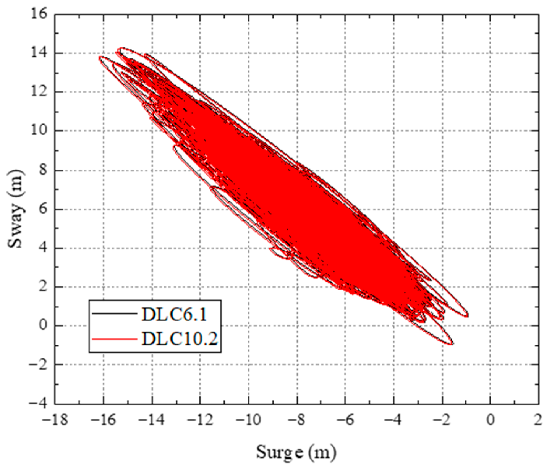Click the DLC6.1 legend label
[x=174, y=315]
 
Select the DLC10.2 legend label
[x=180, y=339]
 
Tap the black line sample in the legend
[x=114, y=314]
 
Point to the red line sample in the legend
[x=114, y=339]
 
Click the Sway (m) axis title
[x=15, y=209]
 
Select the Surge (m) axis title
[x=296, y=452]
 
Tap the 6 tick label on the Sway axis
[x=43, y=209]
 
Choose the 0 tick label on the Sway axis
[x=43, y=325]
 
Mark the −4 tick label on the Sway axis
[x=38, y=403]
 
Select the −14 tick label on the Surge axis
[x=151, y=420]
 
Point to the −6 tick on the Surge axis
[x=345, y=420]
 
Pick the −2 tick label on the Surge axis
[x=442, y=420]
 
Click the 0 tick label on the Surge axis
[x=491, y=420]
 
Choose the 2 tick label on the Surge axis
[x=538, y=420]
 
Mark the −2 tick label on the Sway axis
[x=38, y=365]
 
